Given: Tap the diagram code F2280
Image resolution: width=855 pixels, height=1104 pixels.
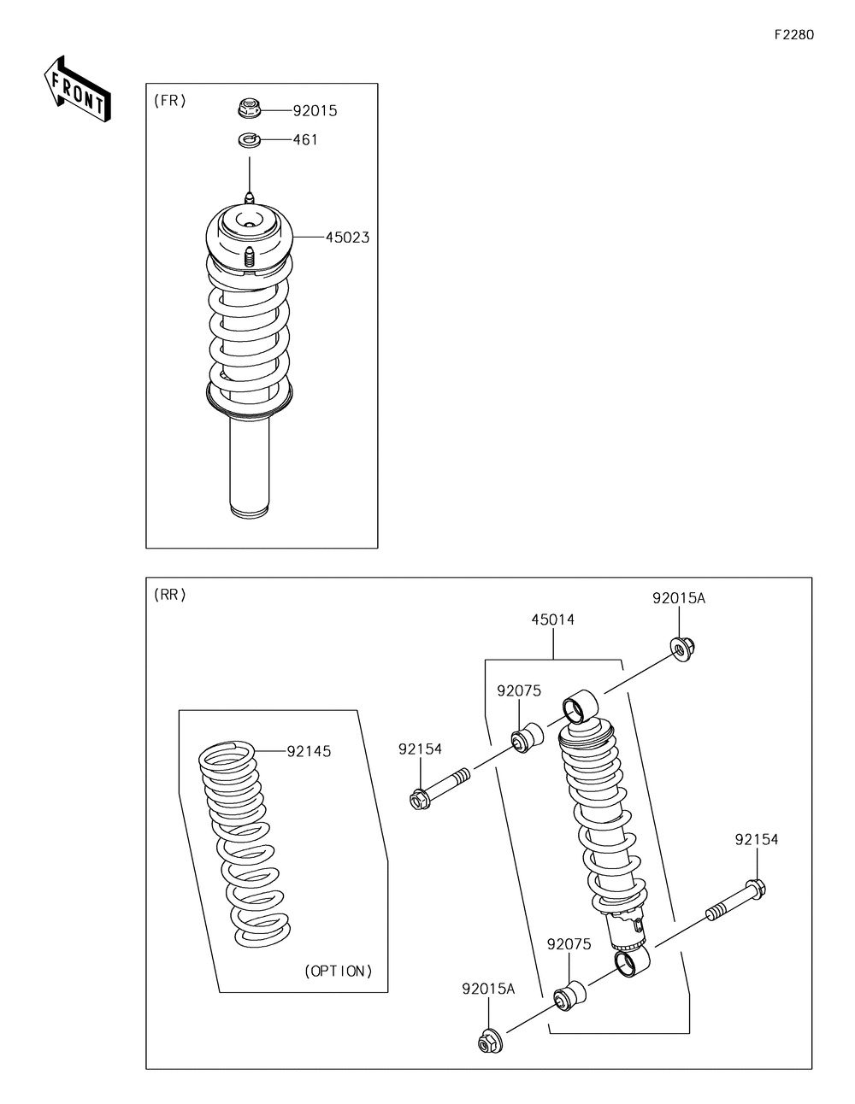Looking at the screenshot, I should click(x=793, y=35).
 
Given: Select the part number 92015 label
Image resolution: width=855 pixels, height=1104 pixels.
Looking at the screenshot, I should click(x=315, y=110).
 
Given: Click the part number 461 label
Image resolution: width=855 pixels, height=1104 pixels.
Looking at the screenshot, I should click(x=304, y=139).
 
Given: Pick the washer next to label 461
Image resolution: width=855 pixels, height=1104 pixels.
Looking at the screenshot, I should click(x=249, y=139).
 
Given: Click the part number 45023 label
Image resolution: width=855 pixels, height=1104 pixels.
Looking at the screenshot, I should click(x=347, y=237).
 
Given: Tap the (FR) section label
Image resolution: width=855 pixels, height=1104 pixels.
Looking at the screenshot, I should click(x=169, y=100).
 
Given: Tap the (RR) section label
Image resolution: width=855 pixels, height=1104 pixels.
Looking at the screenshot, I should click(x=169, y=595).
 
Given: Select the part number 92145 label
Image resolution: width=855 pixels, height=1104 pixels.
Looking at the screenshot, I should click(x=309, y=751).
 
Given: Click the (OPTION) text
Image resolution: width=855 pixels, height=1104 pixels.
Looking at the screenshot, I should click(x=339, y=971).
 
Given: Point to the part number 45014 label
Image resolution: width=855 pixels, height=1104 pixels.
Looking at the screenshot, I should click(x=552, y=620).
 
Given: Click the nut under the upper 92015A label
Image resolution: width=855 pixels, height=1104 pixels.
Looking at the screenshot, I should click(x=681, y=650).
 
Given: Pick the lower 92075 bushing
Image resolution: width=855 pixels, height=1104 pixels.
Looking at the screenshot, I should click(x=570, y=995).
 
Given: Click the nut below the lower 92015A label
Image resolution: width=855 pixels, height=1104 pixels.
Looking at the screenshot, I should click(x=489, y=1042).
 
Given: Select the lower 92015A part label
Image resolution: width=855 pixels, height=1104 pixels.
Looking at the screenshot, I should click(x=488, y=989).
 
